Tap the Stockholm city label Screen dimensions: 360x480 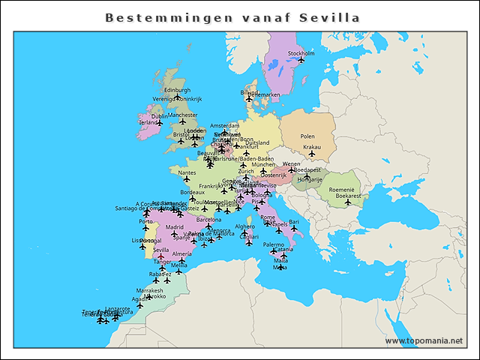301,53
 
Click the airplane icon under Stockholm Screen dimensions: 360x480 301,60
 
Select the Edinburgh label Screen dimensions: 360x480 177,90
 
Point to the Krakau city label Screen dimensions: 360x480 311,147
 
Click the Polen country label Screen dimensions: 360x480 307,136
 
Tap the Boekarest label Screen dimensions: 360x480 348,196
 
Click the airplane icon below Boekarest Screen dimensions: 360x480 348,202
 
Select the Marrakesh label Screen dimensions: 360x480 149,290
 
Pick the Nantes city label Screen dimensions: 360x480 187,172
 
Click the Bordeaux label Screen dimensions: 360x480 193,193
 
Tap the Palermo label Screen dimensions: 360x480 274,244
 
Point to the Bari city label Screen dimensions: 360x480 294,222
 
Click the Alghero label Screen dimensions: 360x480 244,226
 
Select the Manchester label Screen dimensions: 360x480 182,115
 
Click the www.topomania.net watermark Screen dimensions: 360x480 424,340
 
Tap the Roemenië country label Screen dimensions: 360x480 341,190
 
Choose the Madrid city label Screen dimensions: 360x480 175,226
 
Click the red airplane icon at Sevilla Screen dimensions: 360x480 160,257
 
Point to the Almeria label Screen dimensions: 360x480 182,254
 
